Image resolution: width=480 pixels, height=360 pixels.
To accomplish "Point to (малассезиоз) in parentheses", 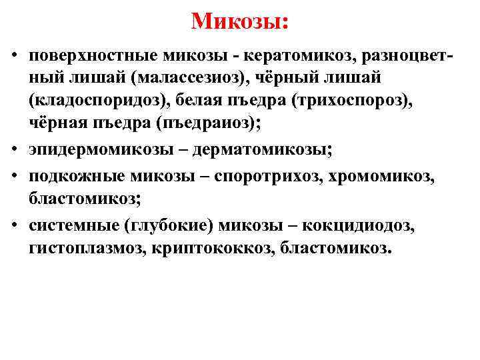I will coord(195,79).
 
